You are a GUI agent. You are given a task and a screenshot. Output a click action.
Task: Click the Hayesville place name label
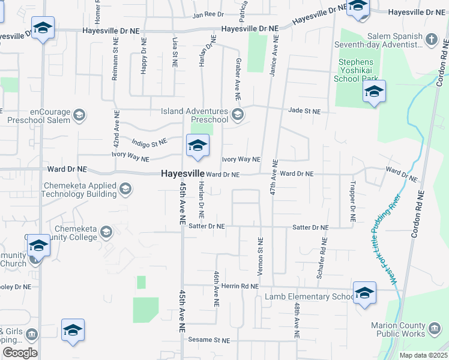(x=182, y=173)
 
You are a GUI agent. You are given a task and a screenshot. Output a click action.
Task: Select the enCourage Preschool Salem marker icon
(x=79, y=115)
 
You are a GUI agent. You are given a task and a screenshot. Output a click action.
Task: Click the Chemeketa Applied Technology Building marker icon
(x=125, y=190)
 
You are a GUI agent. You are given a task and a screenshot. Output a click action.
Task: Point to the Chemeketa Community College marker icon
(x=106, y=232)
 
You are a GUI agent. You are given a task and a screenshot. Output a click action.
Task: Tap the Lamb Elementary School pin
(x=364, y=293)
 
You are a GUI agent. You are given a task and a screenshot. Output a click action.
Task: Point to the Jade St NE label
(x=304, y=111)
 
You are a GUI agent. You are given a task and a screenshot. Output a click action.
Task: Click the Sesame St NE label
(x=209, y=340)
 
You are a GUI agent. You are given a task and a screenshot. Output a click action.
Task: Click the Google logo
(x=20, y=353)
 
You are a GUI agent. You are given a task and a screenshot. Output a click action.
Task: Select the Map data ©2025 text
(x=423, y=355)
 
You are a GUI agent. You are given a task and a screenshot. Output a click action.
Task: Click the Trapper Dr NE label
(x=351, y=202)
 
